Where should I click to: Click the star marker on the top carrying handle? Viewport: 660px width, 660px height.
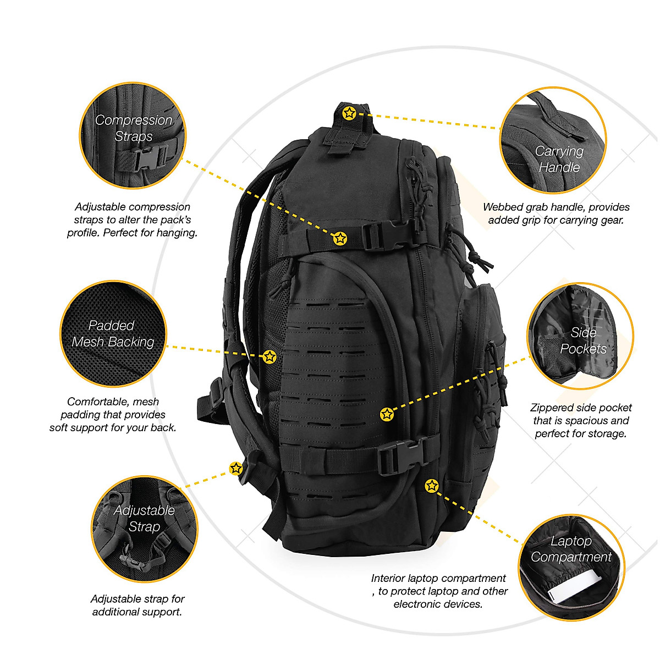click(x=349, y=113)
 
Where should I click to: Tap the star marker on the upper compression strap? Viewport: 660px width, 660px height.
click(x=340, y=238)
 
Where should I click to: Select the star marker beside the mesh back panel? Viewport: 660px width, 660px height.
click(x=269, y=356)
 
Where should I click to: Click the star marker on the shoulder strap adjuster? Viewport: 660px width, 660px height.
click(x=236, y=469)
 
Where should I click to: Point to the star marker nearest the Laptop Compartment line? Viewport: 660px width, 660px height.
click(x=431, y=486)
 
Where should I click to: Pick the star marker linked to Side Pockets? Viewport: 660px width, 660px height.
click(x=387, y=414)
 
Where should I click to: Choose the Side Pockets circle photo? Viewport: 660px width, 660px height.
click(x=581, y=336)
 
